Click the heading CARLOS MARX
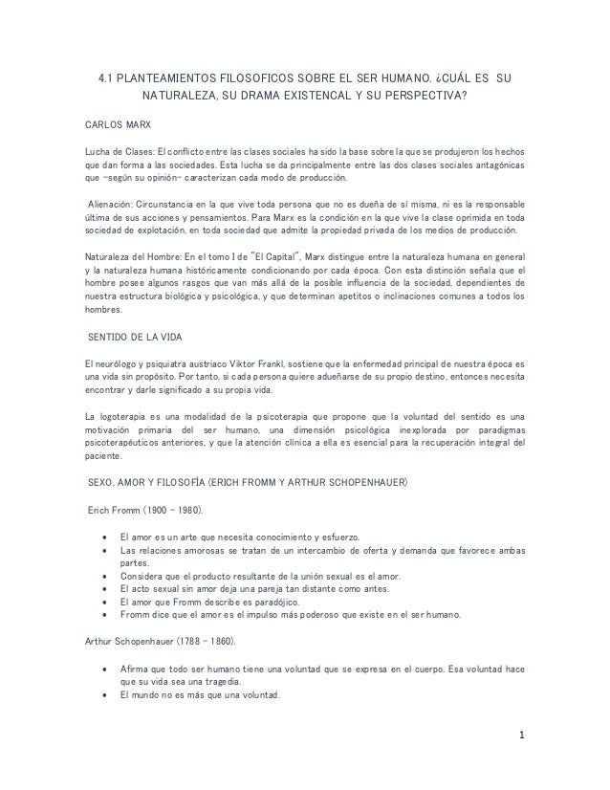coord(114,126)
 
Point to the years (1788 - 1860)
coord(217,639)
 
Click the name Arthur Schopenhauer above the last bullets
coord(129,639)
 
